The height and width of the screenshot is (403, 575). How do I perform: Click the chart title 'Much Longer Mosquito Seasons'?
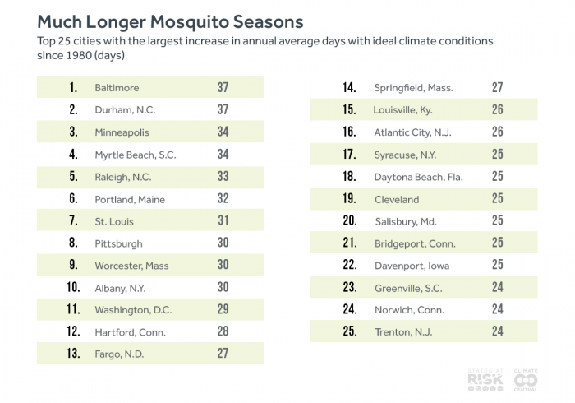coord(170,21)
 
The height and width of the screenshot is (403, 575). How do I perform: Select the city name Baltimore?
coord(117,87)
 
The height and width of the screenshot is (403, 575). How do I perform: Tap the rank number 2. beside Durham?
coord(73,109)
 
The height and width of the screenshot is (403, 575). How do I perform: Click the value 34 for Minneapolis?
coord(223,132)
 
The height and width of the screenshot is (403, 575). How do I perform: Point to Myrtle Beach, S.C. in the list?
coord(136,155)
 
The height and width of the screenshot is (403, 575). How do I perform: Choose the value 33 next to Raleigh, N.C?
coord(223,177)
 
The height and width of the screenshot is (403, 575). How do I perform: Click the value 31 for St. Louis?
coord(223,221)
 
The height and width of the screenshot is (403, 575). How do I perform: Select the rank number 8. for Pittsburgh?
coord(73,243)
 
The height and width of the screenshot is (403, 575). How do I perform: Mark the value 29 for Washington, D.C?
coord(223,310)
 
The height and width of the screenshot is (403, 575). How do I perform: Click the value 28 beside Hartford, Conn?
coord(223,332)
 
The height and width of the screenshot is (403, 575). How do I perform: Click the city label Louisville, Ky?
coord(408,109)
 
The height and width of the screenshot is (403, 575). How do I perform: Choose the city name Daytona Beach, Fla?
coord(419,176)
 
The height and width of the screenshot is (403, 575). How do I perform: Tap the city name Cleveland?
coord(397,199)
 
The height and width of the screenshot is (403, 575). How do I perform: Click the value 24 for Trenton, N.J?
coord(497,332)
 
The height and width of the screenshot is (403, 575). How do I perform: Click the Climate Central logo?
coord(526,379)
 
